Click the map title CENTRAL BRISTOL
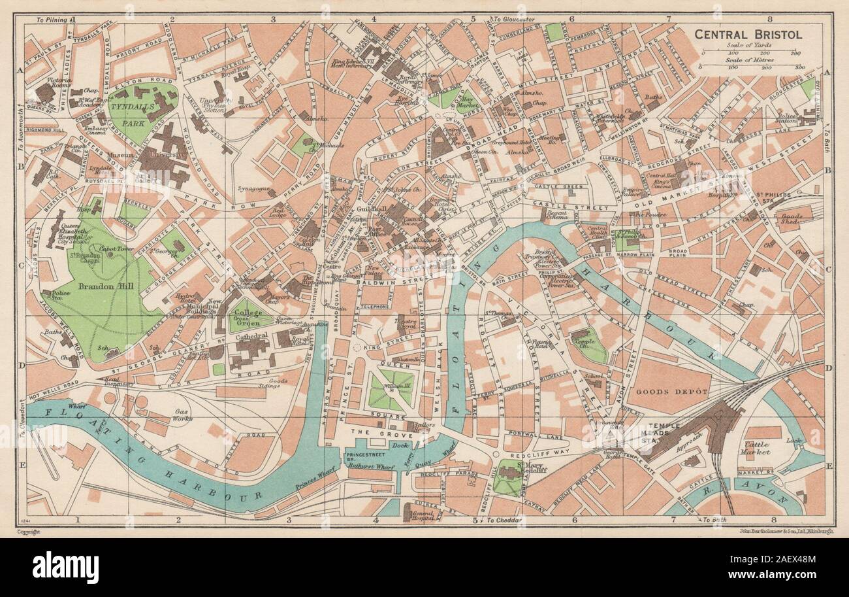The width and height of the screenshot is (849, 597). [747, 34]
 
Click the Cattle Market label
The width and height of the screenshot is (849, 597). [757, 448]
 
